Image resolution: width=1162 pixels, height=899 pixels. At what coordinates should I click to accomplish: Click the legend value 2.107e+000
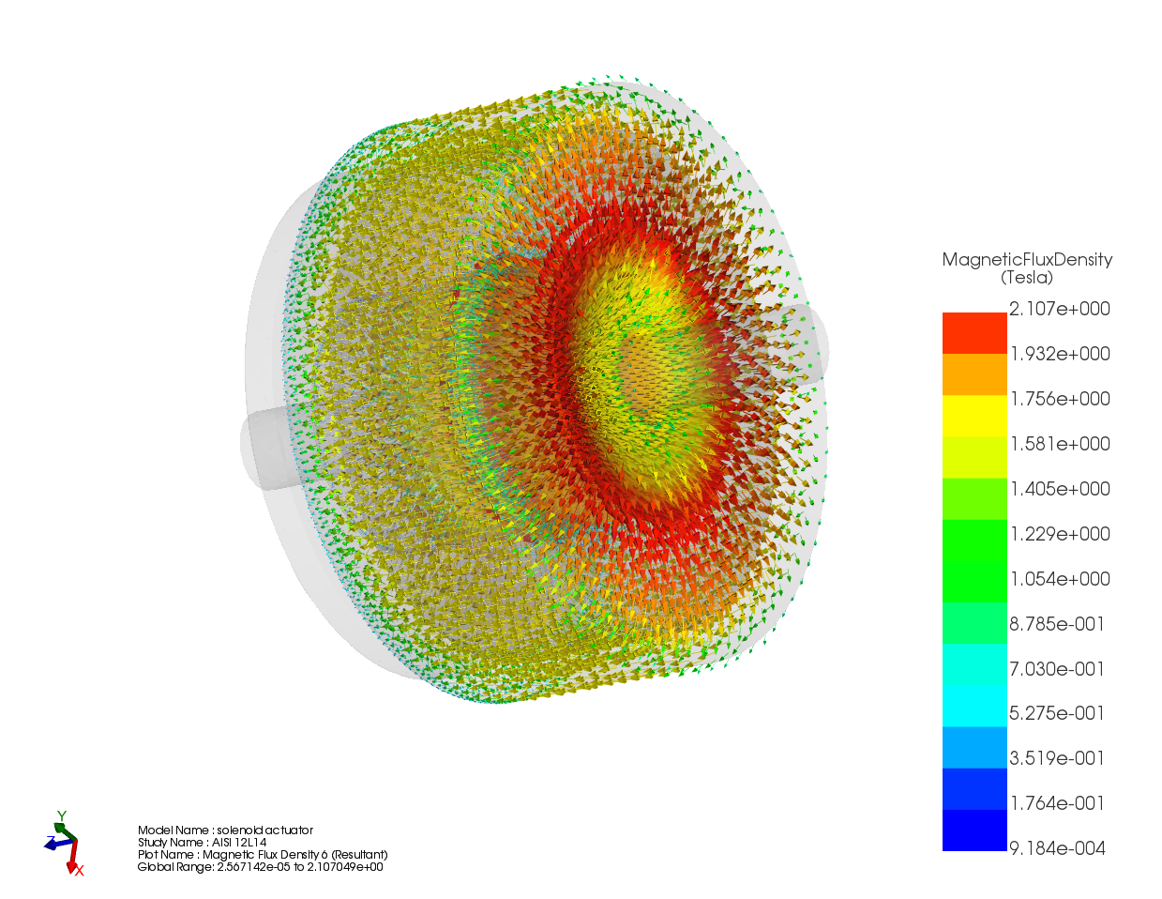(x=1059, y=309)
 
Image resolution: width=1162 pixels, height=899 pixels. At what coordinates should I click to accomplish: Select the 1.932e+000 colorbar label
(x=1059, y=354)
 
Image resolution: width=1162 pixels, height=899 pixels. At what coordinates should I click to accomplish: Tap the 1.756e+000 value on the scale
(x=1059, y=399)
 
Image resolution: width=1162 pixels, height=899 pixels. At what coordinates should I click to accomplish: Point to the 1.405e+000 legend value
(x=1059, y=489)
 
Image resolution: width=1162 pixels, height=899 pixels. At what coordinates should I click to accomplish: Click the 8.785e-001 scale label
(x=1057, y=624)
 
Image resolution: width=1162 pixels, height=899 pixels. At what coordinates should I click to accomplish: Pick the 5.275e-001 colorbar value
(x=1057, y=713)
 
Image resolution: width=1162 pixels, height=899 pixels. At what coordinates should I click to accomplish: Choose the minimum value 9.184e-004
(x=1057, y=848)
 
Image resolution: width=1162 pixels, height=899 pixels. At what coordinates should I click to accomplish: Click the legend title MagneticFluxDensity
(x=1027, y=260)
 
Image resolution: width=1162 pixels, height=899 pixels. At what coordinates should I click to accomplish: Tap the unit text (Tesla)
(x=1027, y=278)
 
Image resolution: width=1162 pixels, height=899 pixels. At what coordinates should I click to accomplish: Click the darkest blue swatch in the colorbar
(x=974, y=830)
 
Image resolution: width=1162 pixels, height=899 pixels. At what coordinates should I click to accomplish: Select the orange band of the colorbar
(x=974, y=374)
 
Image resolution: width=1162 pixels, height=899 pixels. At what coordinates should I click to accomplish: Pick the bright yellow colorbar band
(x=974, y=416)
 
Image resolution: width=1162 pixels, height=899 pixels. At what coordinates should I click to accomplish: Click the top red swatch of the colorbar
(x=974, y=333)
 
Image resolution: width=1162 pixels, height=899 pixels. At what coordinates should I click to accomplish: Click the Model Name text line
(x=225, y=830)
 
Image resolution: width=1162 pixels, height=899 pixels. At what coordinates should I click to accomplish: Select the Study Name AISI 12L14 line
(x=202, y=843)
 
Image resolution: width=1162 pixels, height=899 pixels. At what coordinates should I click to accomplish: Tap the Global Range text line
(x=260, y=867)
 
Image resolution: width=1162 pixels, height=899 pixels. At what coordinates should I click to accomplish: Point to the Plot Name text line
(x=262, y=855)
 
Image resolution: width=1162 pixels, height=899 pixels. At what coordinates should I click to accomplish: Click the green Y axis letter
(x=61, y=816)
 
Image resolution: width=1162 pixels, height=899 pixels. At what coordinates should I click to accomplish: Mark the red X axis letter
(x=80, y=872)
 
